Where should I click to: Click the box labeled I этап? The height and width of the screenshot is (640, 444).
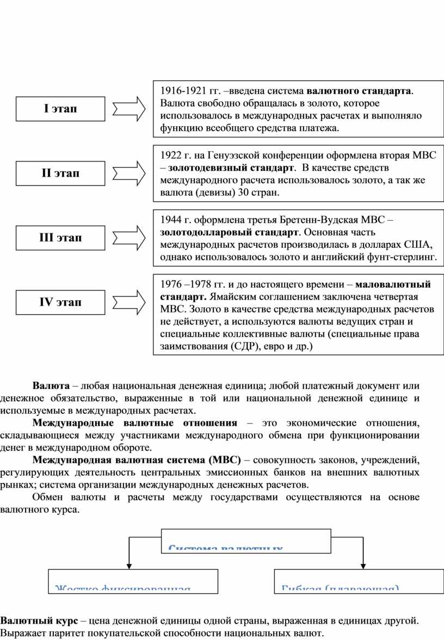click(60, 109)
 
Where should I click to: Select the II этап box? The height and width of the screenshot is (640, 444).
click(60, 173)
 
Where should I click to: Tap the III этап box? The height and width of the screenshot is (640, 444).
click(60, 238)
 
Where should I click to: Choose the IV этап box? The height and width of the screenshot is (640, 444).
click(60, 302)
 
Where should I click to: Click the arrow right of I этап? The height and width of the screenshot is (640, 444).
click(129, 109)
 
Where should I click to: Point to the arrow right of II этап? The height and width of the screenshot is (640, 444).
click(129, 173)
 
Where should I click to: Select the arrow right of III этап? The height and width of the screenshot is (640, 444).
click(129, 238)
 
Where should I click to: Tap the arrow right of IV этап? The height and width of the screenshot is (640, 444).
click(129, 302)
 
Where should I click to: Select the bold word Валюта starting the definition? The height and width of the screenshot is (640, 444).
click(51, 386)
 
